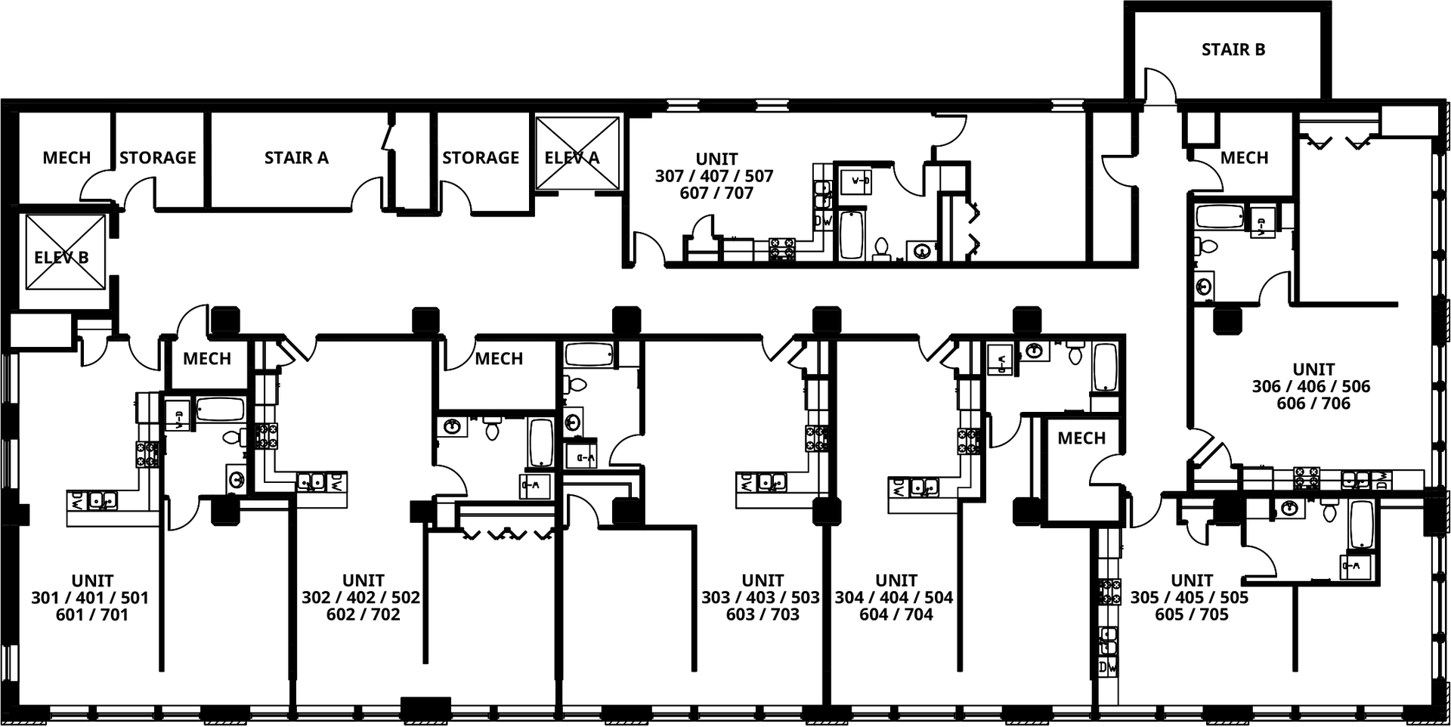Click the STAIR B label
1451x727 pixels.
1233,50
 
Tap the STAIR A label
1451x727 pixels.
296,158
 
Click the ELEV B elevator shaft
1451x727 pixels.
66,252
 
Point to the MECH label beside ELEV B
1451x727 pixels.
67,158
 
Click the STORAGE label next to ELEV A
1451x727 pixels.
481,158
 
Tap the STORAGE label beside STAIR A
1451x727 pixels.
157,158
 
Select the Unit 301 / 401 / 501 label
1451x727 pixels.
92,598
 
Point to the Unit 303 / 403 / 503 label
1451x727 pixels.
762,598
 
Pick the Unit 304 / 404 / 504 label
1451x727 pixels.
896,598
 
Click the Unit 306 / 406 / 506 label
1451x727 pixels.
1313,386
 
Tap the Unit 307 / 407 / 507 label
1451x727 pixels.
716,176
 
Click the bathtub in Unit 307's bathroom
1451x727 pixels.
852,234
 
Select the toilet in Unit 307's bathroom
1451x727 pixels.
881,249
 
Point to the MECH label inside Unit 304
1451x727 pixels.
1081,438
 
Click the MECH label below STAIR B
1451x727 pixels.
1244,158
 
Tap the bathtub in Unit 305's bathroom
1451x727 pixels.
1362,524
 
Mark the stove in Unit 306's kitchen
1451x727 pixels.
1308,478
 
